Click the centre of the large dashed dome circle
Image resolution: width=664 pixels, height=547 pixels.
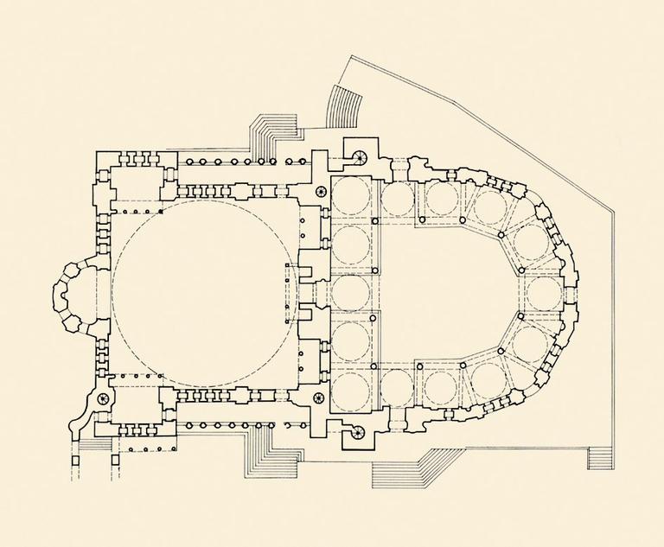coord(205,291)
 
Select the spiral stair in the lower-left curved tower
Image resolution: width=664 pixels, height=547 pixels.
coord(105,399)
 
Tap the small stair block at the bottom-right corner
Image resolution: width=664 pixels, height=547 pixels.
coord(598,457)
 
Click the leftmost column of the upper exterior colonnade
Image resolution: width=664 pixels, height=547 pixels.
coord(189,162)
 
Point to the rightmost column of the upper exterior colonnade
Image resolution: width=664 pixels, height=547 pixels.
coord(304,162)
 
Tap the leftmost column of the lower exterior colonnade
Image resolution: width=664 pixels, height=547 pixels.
coord(189,425)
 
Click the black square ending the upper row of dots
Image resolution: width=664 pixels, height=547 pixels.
coord(161,211)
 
